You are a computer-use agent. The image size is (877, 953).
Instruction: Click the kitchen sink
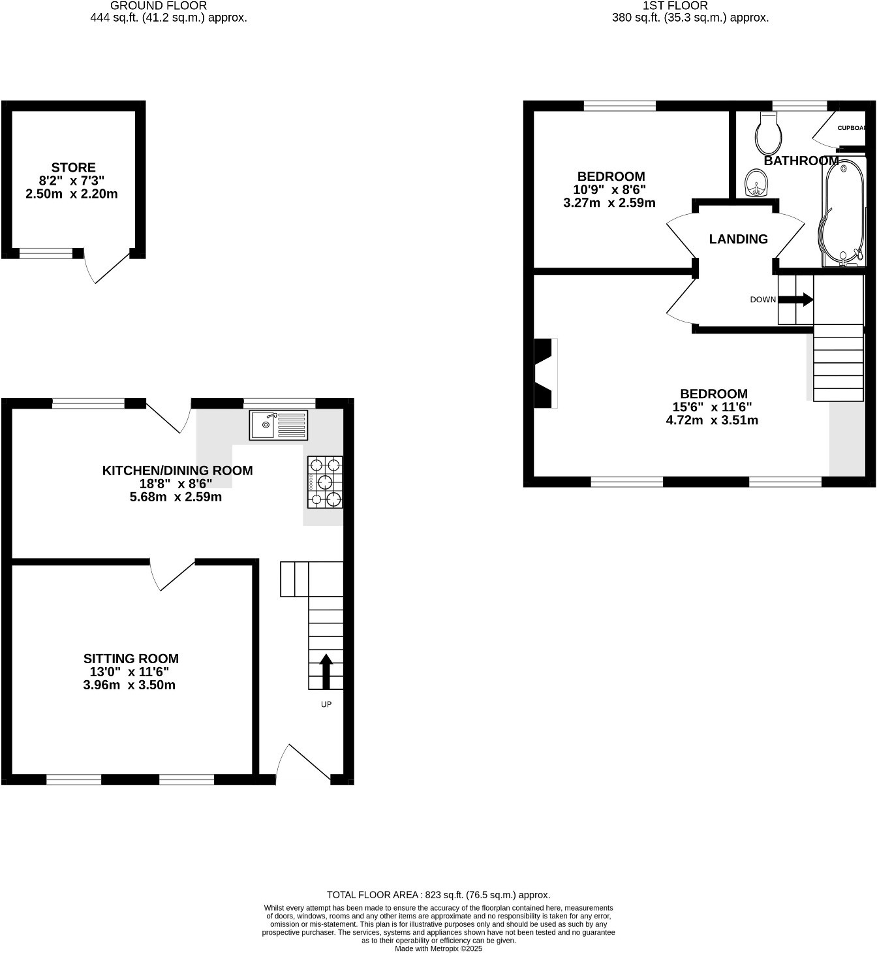(278, 425)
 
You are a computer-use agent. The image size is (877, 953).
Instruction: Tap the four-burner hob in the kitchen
(325, 482)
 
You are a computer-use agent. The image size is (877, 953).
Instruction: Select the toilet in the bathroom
(769, 133)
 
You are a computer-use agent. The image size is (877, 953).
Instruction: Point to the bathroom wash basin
(757, 182)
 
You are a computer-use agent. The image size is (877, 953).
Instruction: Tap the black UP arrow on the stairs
(326, 672)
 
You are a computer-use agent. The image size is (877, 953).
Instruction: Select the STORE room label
(73, 168)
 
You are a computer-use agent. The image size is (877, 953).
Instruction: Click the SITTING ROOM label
(131, 659)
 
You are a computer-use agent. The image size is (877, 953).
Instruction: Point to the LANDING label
(738, 239)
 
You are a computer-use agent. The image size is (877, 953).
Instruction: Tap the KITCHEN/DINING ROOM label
(177, 470)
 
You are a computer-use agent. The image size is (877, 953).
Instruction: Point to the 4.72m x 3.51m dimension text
(711, 420)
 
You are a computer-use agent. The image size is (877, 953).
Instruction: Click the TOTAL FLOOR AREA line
(438, 895)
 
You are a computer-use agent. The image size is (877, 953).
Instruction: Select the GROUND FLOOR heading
(159, 5)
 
